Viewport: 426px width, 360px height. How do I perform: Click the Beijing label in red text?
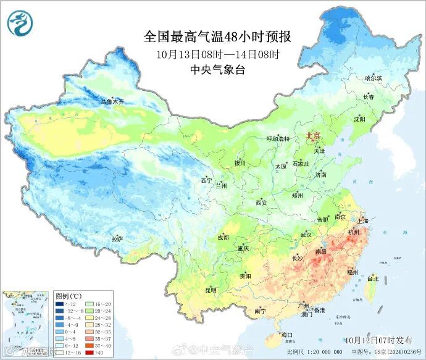point(314,135)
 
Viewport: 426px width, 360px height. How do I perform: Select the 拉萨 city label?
point(117,238)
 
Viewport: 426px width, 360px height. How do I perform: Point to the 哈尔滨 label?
point(374,78)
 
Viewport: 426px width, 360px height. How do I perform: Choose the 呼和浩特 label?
point(277,139)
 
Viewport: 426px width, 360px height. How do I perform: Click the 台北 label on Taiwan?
point(372,278)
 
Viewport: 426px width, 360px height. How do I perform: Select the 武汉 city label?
point(306,235)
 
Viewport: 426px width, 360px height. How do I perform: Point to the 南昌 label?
point(321,252)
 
